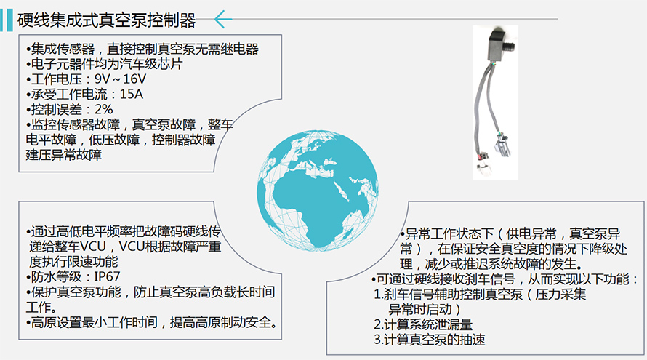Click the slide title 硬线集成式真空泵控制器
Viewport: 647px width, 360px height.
[106, 20]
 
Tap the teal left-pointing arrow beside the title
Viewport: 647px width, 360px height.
[223, 20]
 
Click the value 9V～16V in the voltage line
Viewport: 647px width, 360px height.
[120, 79]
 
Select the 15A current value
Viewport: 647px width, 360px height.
[131, 94]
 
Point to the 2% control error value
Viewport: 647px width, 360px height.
[103, 109]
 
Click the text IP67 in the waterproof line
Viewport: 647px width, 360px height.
[107, 276]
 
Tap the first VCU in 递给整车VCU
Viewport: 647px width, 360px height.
[93, 247]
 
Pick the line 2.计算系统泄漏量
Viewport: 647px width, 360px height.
[423, 324]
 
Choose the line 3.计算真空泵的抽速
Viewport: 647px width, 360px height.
[430, 340]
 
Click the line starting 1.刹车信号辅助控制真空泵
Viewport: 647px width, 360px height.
[480, 295]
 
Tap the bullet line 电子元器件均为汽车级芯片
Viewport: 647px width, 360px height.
[104, 64]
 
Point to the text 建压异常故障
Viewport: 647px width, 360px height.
[64, 155]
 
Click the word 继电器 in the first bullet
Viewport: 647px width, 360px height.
[239, 49]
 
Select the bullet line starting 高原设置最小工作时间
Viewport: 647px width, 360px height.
[152, 322]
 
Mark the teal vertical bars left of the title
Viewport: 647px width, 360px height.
[7, 20]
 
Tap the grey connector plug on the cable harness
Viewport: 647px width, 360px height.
[503, 145]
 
